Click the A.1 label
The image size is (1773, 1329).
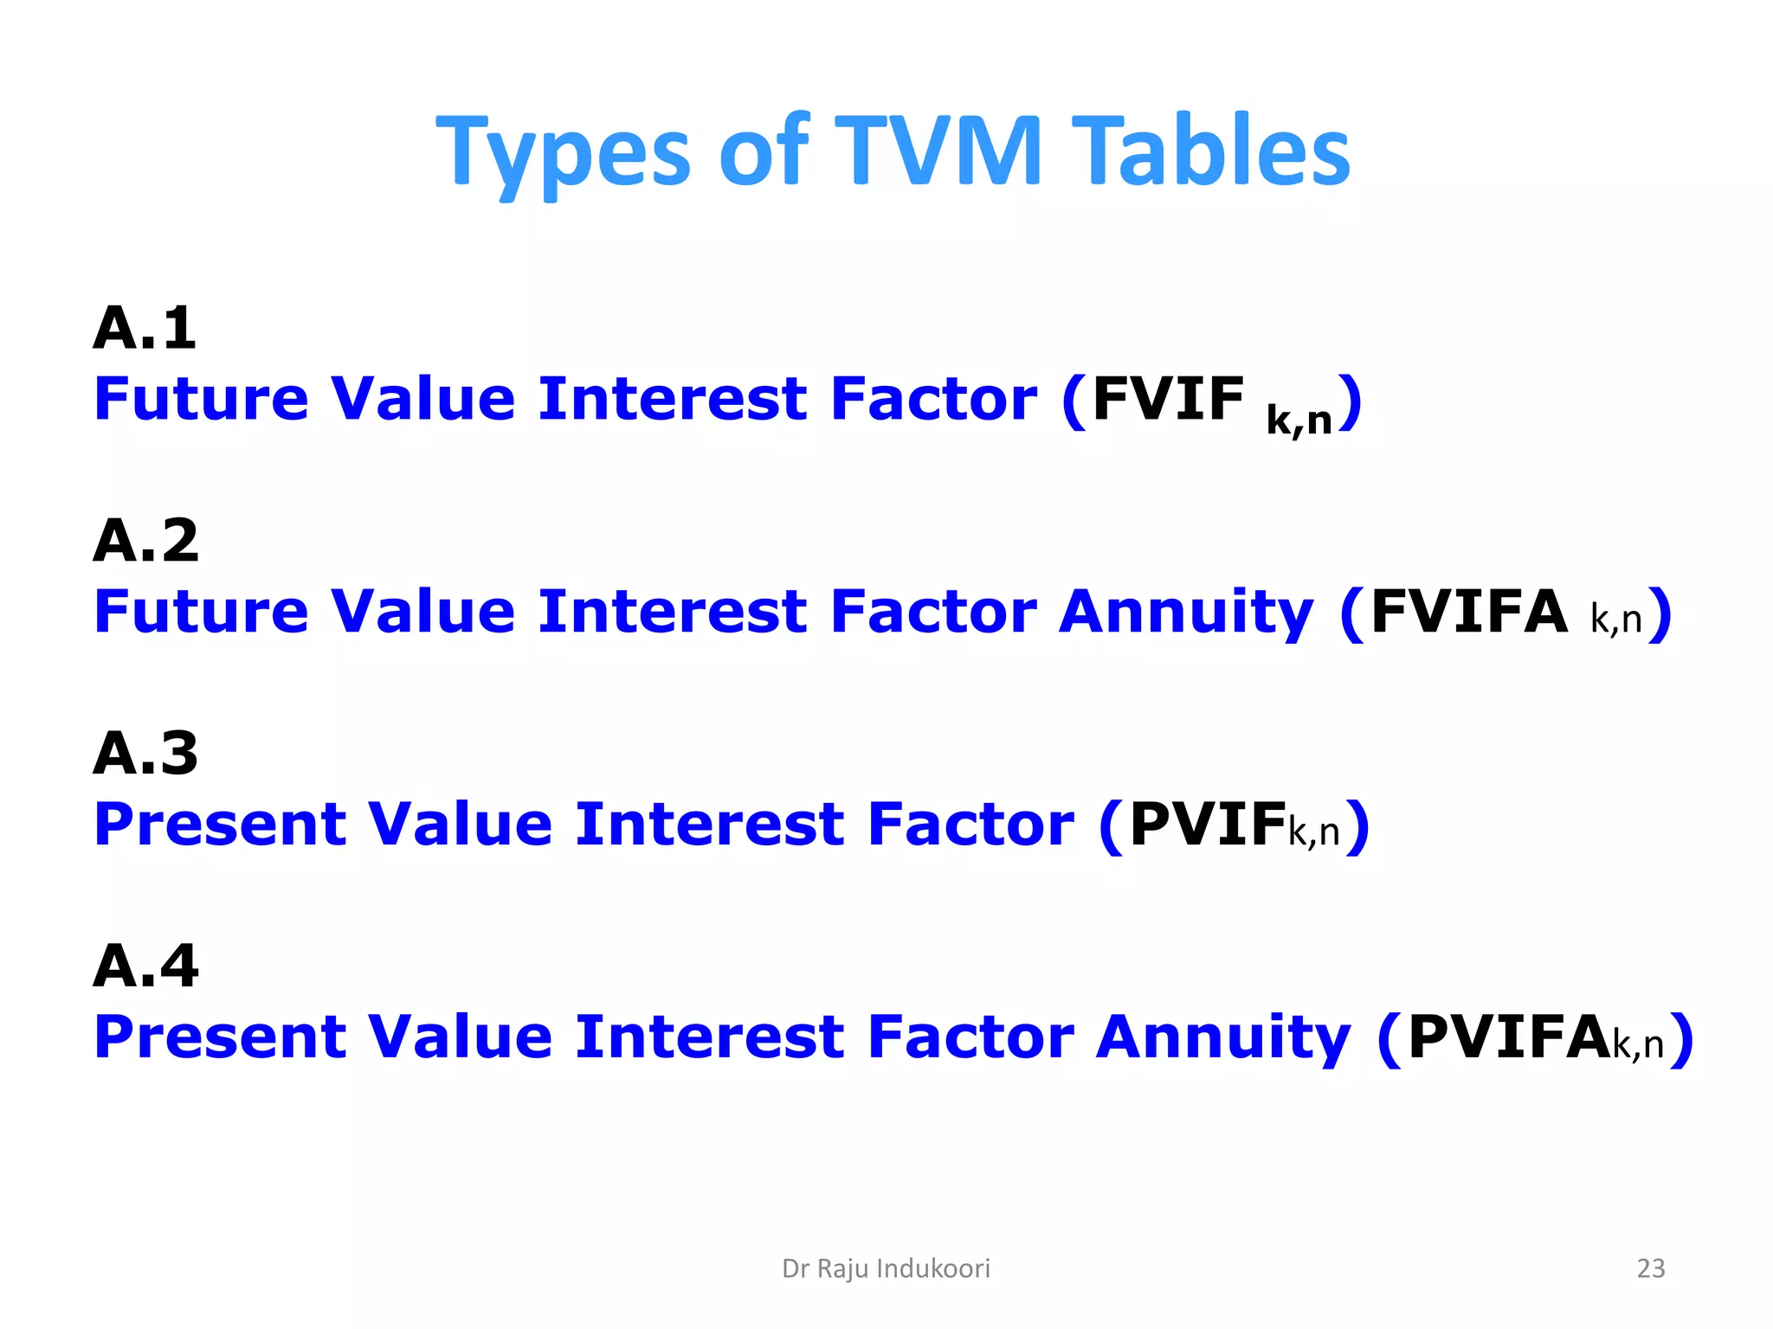coord(145,329)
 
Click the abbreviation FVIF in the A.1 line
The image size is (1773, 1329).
coord(1168,400)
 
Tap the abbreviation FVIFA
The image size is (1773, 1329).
coord(1469,612)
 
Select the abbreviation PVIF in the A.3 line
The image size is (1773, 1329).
coord(1207,824)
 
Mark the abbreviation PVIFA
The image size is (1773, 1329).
coord(1508,1037)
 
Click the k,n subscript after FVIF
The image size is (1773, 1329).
coord(1299,421)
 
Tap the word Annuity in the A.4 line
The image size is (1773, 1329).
coord(1223,1038)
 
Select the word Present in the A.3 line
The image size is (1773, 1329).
coord(220,824)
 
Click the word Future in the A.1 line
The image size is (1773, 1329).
coord(201,400)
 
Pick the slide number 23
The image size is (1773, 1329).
coord(1651,1268)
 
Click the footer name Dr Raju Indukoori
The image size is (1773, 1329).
coord(886,1268)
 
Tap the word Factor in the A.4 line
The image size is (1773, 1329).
coord(970,1037)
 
